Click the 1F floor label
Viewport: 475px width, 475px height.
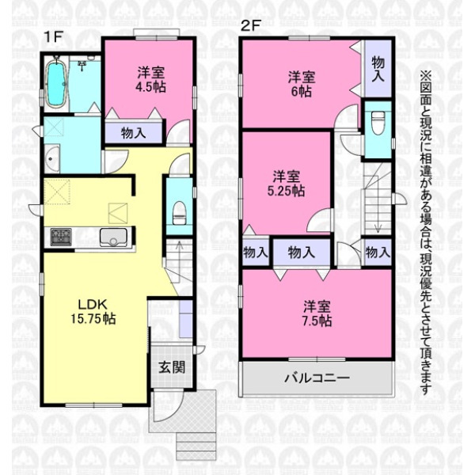click(x=53, y=37)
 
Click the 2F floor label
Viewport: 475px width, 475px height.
click(x=250, y=25)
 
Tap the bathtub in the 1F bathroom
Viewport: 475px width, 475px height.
click(x=55, y=82)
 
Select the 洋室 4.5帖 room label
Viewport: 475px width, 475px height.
click(x=151, y=80)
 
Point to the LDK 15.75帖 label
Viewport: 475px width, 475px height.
click(x=93, y=311)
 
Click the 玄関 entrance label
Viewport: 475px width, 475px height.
click(x=172, y=367)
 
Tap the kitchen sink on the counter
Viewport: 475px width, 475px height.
click(x=113, y=237)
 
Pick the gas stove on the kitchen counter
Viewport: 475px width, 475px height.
click(x=61, y=237)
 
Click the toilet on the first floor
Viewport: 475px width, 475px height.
click(x=180, y=213)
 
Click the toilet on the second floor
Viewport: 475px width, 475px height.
click(x=378, y=123)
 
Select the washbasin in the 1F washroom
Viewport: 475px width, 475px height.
click(x=52, y=159)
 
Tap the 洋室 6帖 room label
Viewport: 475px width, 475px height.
click(x=302, y=85)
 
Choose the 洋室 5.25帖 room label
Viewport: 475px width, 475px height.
click(x=286, y=184)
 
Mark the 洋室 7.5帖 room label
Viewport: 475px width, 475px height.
click(x=317, y=313)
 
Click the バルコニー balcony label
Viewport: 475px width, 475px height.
click(x=317, y=378)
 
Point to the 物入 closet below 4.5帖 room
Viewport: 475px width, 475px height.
click(x=133, y=133)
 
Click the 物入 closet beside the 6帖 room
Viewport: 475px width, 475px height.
click(x=378, y=69)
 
